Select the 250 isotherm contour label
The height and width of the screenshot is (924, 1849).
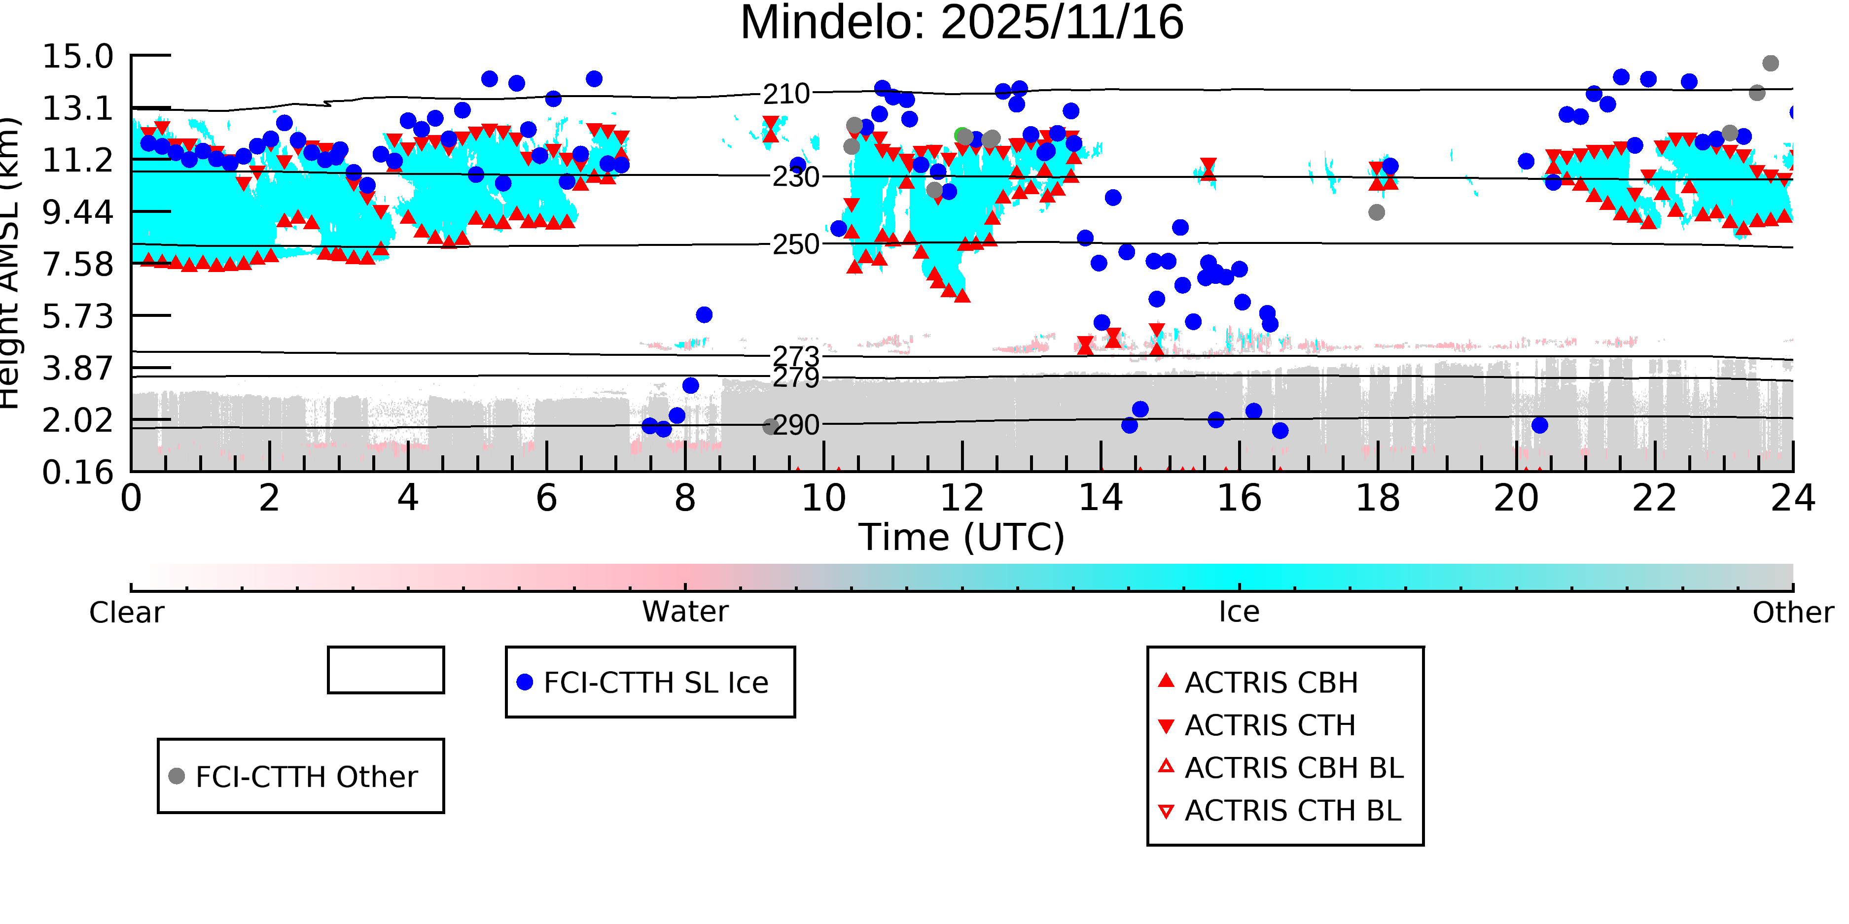click(795, 244)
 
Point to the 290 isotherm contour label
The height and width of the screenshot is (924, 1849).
click(795, 425)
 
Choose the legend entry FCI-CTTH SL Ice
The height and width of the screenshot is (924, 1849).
click(655, 682)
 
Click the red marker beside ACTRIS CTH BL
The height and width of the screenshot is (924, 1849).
click(1167, 811)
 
